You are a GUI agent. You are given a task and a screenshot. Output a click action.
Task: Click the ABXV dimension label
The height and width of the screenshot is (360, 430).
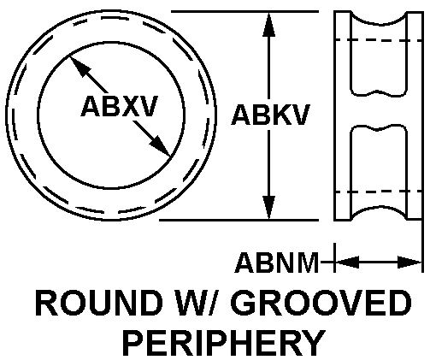click(120, 106)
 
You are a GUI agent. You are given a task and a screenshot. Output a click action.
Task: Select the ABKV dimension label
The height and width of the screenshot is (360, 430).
click(270, 115)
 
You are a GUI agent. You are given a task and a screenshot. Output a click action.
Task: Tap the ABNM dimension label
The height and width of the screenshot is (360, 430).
click(276, 263)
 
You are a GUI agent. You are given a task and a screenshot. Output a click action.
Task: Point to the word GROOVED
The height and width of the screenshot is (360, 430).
click(321, 303)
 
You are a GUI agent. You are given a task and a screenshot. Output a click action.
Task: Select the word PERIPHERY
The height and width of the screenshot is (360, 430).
click(224, 343)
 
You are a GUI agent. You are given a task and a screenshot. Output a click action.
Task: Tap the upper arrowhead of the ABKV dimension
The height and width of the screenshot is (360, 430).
click(268, 24)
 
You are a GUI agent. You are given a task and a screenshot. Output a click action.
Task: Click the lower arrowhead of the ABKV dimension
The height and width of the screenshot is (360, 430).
click(268, 208)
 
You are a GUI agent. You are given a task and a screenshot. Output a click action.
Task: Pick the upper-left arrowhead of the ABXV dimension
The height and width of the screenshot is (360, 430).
click(80, 67)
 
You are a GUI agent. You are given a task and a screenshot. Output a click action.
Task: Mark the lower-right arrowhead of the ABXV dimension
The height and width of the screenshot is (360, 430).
click(160, 146)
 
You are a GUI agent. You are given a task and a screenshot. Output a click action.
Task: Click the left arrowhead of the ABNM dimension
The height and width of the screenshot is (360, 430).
click(347, 262)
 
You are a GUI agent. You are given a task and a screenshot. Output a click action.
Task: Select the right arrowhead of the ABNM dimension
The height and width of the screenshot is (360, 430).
click(409, 262)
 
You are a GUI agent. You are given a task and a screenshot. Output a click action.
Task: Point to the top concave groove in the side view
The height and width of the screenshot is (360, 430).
click(379, 24)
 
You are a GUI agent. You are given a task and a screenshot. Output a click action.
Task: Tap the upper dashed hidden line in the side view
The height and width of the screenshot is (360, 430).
click(379, 40)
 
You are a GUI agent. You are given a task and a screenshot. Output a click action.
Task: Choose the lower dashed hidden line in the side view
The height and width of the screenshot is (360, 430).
click(379, 192)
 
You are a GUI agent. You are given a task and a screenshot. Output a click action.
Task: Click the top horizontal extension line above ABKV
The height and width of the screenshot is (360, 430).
click(244, 11)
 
